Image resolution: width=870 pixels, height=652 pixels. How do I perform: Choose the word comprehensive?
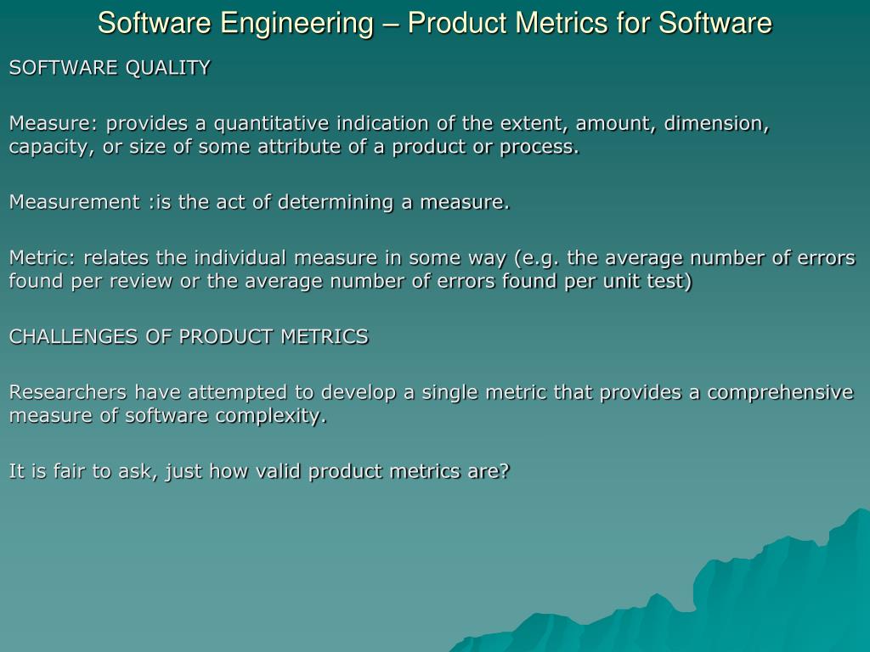point(780,392)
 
